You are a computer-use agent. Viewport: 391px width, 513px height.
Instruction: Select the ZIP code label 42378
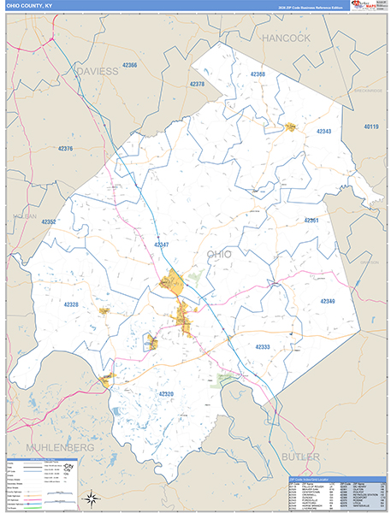(x=196, y=84)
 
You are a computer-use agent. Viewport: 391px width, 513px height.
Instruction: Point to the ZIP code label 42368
(x=257, y=74)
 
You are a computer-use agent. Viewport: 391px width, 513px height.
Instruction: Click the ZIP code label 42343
(x=323, y=131)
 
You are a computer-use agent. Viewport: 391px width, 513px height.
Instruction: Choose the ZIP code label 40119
(x=370, y=127)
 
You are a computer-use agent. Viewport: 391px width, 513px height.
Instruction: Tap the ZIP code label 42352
(x=48, y=221)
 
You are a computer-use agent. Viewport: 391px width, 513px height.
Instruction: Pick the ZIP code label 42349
(x=328, y=301)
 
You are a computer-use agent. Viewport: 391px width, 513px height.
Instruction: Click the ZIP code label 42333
(x=263, y=346)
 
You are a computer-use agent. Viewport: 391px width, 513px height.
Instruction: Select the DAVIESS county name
(x=97, y=72)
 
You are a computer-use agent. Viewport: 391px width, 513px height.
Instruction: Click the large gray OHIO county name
(x=219, y=254)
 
